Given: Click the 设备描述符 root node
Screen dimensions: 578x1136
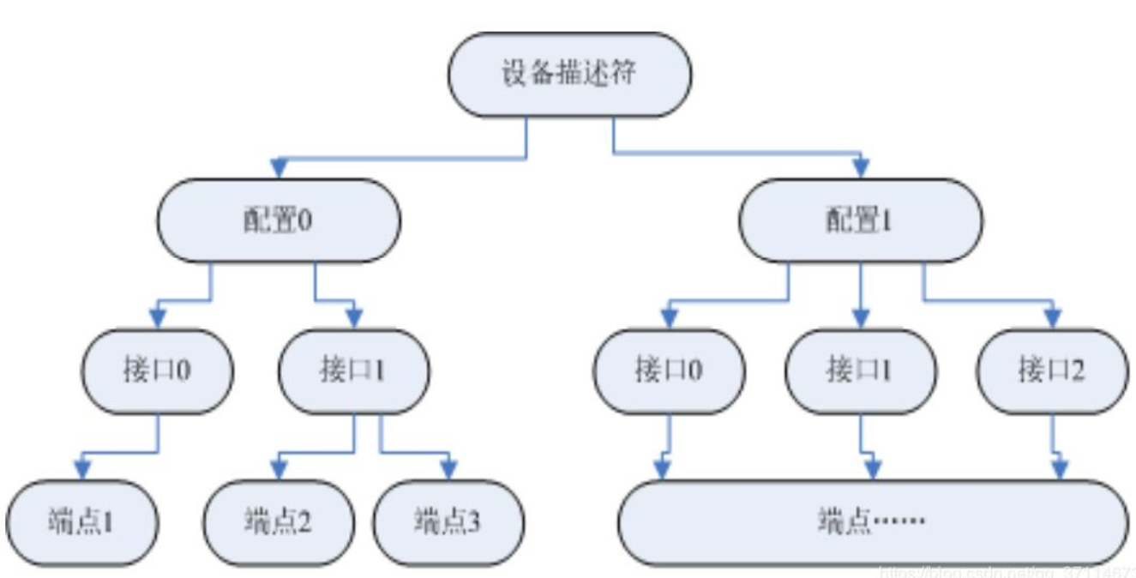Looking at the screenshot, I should (569, 75).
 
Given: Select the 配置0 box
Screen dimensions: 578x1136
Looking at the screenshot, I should (279, 220).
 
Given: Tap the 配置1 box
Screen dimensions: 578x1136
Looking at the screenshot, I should (861, 220).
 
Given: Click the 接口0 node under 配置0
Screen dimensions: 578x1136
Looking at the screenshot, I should (157, 371).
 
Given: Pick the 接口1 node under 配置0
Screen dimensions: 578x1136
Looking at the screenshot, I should (353, 371).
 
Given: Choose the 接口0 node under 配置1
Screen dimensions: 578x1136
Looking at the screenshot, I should (669, 371).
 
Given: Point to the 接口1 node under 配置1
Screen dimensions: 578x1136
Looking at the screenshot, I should (861, 371).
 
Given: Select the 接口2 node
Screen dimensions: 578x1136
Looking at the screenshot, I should (1052, 371).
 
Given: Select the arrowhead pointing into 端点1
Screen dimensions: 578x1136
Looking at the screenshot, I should (82, 470).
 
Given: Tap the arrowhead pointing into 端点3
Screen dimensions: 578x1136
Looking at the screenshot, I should (448, 470).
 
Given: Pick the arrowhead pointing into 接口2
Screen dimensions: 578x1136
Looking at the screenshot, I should (1052, 319).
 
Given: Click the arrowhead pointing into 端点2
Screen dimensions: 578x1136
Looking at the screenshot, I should (278, 470).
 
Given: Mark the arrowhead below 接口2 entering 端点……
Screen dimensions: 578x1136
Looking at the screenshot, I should (1060, 470).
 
